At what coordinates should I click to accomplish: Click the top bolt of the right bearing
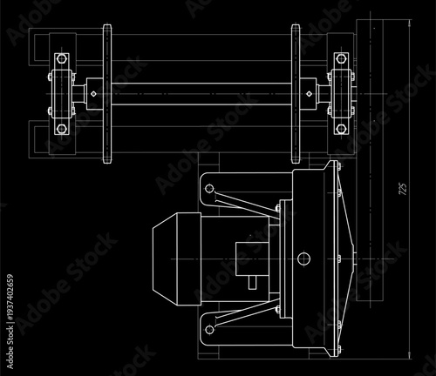pyautogui.click(x=339, y=59)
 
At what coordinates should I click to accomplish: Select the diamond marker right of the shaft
pyautogui.click(x=308, y=93)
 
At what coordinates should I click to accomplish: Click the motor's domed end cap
pyautogui.click(x=164, y=261)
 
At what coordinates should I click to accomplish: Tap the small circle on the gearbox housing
pyautogui.click(x=303, y=258)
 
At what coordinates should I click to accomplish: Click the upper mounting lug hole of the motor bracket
pyautogui.click(x=209, y=187)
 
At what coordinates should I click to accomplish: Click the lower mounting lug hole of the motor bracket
pyautogui.click(x=209, y=330)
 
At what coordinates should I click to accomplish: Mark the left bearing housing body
pyautogui.click(x=60, y=93)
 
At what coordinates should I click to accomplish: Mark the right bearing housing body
pyautogui.click(x=339, y=93)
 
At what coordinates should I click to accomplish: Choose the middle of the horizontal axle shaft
pyautogui.click(x=201, y=93)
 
